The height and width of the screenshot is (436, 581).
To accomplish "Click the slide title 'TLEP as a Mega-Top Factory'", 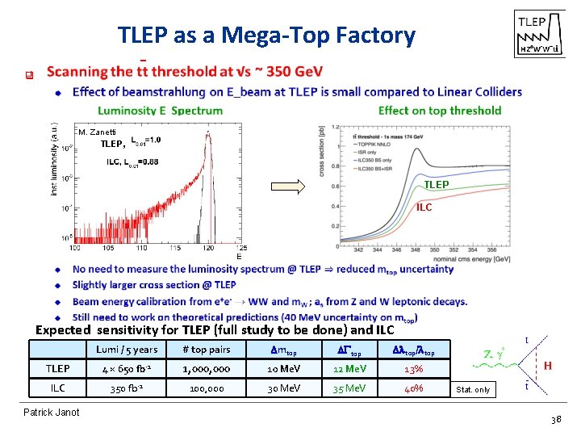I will (266, 36).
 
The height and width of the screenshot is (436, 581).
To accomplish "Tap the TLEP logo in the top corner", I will (536, 34).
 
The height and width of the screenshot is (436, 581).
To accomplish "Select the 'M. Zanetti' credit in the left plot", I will (98, 132).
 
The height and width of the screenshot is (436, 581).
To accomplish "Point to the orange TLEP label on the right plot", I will (437, 184).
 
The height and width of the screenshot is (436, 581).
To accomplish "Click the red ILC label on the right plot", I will (424, 208).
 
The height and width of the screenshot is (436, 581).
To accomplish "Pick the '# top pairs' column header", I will (206, 350).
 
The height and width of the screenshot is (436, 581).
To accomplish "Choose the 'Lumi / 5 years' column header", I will (127, 350).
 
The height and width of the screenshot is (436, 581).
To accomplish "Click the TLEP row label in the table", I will (57, 369).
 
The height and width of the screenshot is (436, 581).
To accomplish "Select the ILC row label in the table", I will (57, 388).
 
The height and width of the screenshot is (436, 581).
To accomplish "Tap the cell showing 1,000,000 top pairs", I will (206, 369).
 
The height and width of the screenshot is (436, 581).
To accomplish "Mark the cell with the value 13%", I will (413, 369).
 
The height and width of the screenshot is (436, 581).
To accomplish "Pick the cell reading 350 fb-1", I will (127, 388).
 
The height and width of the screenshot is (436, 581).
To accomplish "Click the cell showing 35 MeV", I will (349, 388).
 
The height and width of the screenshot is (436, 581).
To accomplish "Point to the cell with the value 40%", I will (413, 388).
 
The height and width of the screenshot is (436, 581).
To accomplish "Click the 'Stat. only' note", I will (473, 390).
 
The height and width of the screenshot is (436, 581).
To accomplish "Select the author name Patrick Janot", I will (52, 413).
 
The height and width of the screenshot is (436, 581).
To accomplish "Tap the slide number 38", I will (554, 421).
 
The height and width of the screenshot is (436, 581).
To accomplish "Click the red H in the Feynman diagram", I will (547, 366).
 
